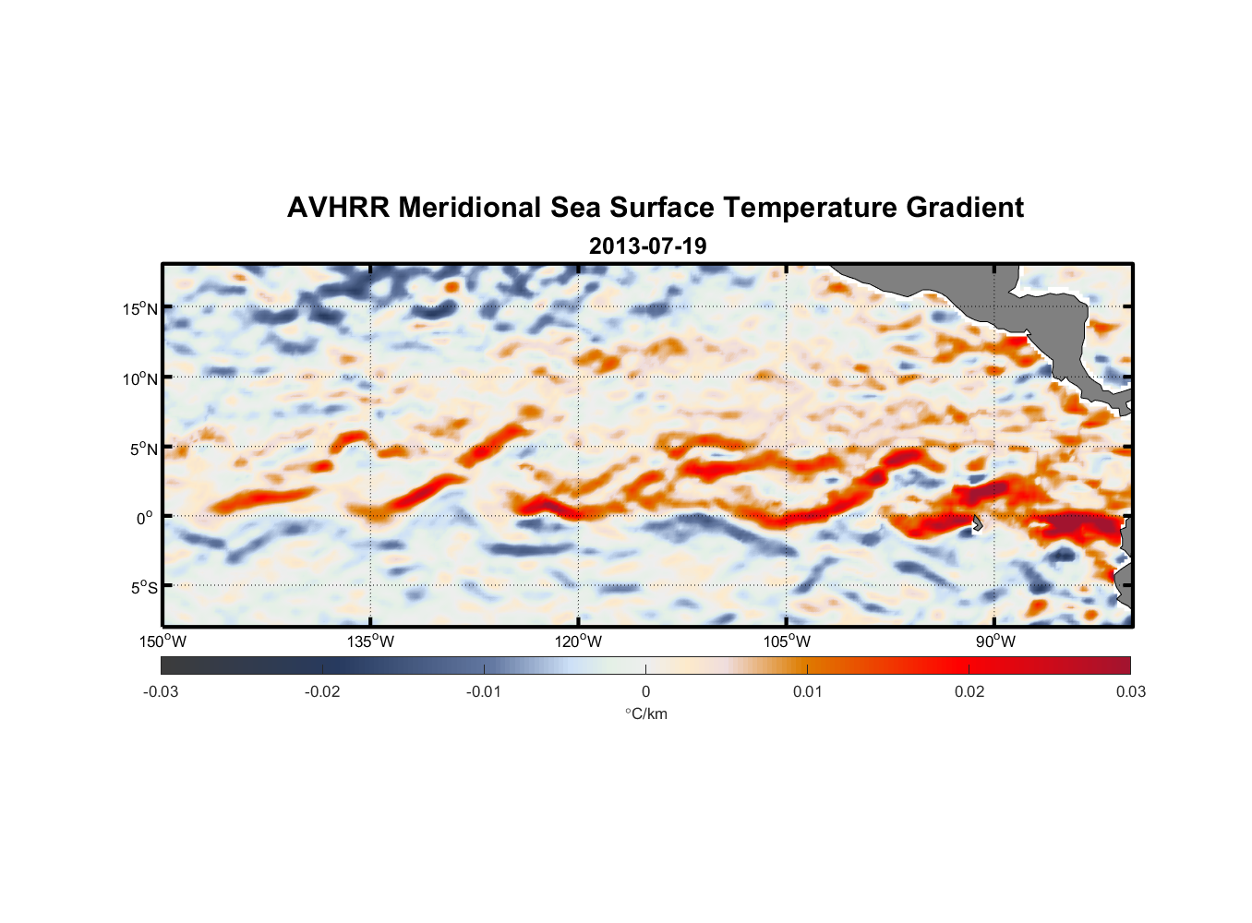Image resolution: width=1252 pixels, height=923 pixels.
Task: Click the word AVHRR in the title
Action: pos(338,208)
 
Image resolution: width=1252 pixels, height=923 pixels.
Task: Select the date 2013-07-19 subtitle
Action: pos(647,246)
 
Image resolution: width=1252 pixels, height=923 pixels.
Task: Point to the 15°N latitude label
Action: pos(140,308)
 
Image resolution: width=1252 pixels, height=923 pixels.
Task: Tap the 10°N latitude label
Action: pos(140,378)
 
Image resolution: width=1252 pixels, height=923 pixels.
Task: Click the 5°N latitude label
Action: pos(144,449)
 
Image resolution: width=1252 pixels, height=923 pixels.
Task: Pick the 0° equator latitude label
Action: pos(145,518)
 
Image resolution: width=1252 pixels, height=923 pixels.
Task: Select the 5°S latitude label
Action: pos(144,587)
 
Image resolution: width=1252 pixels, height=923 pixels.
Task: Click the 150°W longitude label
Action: pos(163,641)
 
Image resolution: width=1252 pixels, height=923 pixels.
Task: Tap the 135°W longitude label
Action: pos(371,641)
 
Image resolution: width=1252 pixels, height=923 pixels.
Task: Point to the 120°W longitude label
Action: pos(579,641)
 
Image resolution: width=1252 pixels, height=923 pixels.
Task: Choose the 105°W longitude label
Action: pos(787,641)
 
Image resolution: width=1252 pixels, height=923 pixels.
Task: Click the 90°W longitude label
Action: pos(995,641)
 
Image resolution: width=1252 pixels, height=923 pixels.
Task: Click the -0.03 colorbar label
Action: pos(161,691)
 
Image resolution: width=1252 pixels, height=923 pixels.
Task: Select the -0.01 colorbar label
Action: pos(484,691)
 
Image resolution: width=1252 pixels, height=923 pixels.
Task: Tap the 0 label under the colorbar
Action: pos(645,691)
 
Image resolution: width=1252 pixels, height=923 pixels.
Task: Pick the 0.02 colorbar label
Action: pos(969,691)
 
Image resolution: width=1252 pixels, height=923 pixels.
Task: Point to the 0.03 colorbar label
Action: pos(1130,691)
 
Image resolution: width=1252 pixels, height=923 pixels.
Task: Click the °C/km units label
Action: pos(645,713)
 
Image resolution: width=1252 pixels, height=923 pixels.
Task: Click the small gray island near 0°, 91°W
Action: pos(978,523)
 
